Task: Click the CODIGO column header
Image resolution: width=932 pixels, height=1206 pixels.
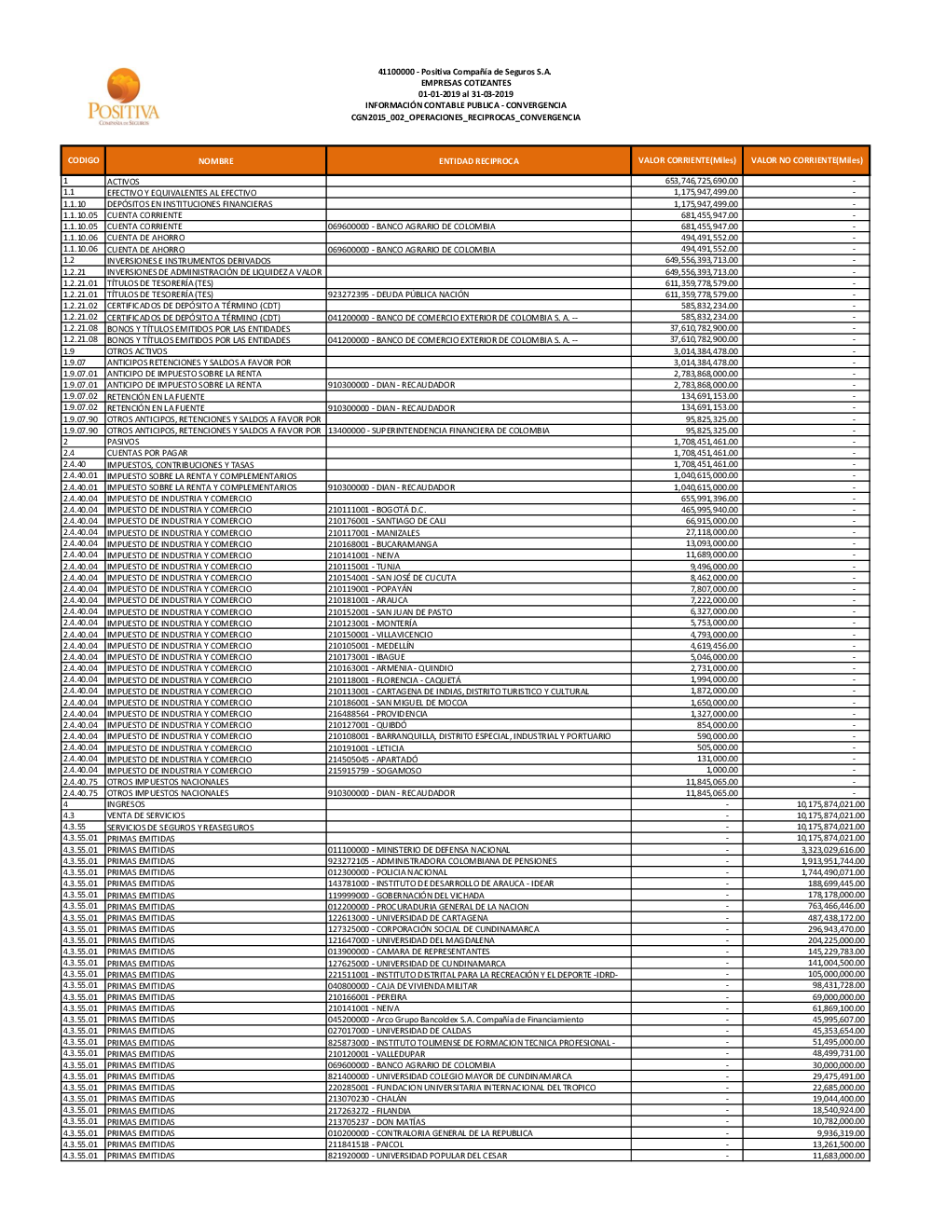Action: click(x=83, y=160)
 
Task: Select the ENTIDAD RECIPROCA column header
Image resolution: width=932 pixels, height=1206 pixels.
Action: click(x=478, y=161)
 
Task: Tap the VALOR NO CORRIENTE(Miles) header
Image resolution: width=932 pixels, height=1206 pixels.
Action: click(x=806, y=160)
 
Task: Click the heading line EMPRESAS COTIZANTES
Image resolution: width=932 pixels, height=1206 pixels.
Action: click(x=465, y=83)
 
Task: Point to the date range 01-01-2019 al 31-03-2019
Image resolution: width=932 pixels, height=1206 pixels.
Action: click(x=465, y=94)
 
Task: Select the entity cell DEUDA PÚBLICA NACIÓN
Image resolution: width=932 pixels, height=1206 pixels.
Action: click(x=398, y=295)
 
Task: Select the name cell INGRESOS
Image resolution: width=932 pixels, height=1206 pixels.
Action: click(x=126, y=804)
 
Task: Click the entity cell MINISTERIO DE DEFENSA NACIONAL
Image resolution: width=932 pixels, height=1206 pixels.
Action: click(x=418, y=850)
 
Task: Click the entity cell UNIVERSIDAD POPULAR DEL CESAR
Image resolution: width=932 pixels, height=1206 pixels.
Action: click(x=417, y=1156)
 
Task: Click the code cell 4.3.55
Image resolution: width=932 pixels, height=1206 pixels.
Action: click(x=75, y=827)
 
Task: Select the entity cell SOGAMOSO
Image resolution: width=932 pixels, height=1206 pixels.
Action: click(x=374, y=771)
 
